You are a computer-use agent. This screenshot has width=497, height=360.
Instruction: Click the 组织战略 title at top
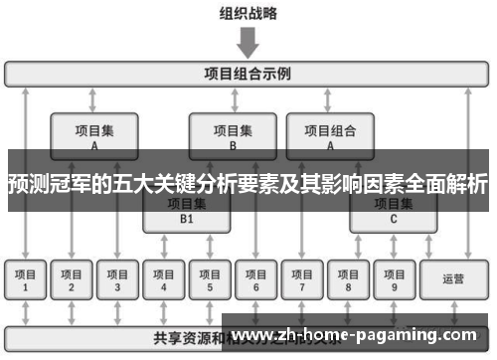[x=248, y=14]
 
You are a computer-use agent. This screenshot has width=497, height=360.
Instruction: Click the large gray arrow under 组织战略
[x=248, y=43]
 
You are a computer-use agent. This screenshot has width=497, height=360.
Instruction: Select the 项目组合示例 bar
[x=248, y=74]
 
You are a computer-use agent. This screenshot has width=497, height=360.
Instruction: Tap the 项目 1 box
[x=25, y=280]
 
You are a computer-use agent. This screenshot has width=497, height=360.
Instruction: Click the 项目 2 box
[x=72, y=280]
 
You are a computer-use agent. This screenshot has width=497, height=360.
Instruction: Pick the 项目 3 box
[x=117, y=280]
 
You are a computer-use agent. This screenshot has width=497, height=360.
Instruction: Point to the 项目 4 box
[x=164, y=280]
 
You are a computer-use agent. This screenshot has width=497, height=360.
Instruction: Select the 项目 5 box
[x=210, y=280]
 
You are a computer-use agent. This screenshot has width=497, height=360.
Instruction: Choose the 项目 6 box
[x=255, y=280]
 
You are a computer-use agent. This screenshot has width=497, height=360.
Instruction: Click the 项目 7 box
[x=301, y=280]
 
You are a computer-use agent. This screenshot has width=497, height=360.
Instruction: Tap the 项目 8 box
[x=348, y=280]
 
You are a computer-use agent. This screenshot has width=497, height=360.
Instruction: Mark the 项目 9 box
[x=394, y=280]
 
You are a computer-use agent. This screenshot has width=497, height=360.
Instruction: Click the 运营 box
[x=452, y=280]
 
